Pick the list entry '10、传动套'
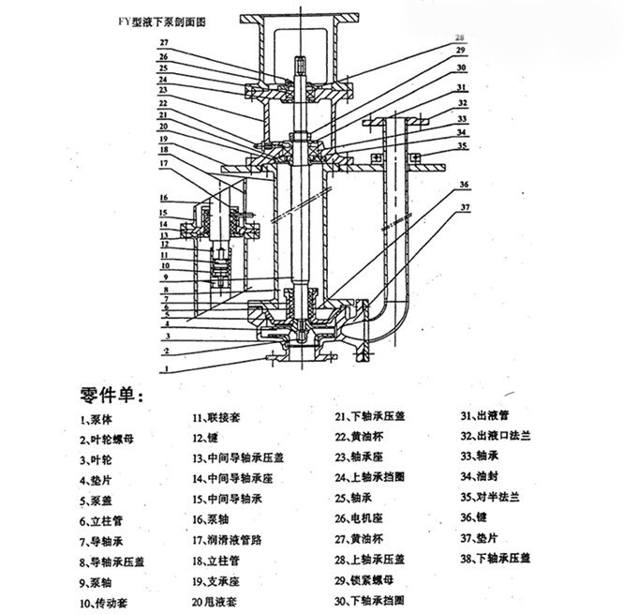tap(105, 602)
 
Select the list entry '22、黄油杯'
tap(357, 437)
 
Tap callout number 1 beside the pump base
tap(165, 369)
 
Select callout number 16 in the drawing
tap(164, 198)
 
